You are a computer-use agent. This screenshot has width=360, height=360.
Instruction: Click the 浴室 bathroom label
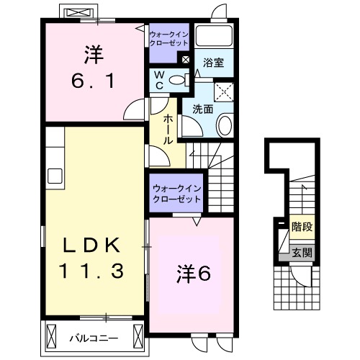pos(213,63)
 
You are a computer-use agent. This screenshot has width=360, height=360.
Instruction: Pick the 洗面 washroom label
pos(202,109)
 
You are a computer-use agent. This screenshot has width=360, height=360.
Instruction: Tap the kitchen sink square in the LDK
pos(55,176)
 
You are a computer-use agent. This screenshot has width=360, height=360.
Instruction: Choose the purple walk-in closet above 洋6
pos(176,194)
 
